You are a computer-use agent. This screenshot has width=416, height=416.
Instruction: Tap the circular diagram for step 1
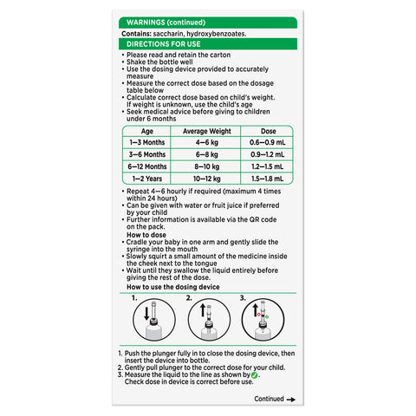coord(153,322)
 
